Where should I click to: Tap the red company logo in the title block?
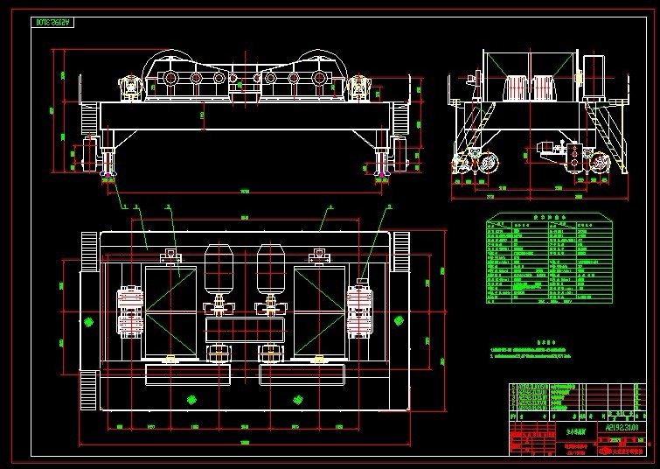[604, 450]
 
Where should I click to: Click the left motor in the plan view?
[219, 270]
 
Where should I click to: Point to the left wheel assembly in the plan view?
[132, 311]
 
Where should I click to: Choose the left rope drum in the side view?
[518, 88]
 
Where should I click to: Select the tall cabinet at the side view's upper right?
[594, 70]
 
